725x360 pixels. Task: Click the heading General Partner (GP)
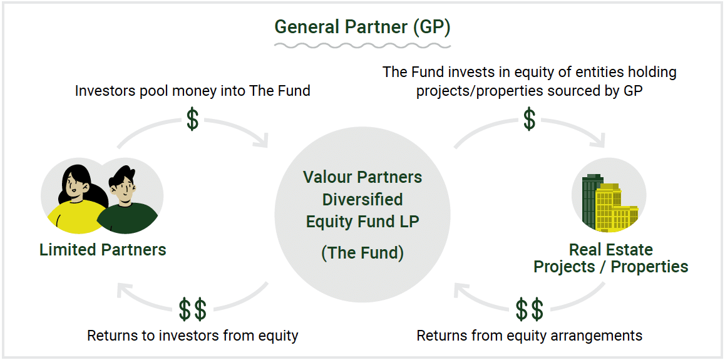[x=362, y=28]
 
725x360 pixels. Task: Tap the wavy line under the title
[x=362, y=45]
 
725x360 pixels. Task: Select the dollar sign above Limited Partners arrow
[x=192, y=119]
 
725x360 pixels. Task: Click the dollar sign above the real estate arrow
[x=530, y=119]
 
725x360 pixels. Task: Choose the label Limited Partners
[x=103, y=250]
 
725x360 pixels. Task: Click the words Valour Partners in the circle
[x=362, y=177]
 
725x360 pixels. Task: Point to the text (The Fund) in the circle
[x=362, y=253]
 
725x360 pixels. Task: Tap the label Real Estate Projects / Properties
[x=611, y=259]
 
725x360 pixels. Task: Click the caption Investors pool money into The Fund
[x=192, y=91]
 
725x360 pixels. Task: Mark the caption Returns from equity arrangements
[x=530, y=336]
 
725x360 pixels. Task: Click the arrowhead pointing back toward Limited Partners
[x=124, y=291]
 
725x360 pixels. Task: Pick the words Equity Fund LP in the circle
[x=362, y=222]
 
